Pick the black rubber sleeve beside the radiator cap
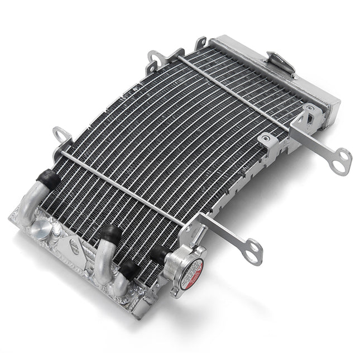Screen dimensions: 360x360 coord(160,255)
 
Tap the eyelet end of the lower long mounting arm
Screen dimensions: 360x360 coord(254,251)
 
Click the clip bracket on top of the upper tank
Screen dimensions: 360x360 coord(281,62)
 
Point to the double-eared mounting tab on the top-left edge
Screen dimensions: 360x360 coord(158,57)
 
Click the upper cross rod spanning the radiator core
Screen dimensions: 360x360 coord(234,89)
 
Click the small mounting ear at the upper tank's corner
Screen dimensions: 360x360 coord(200,42)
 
